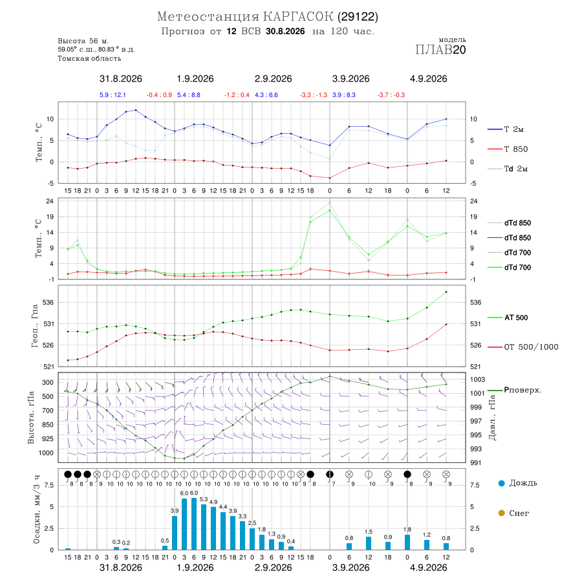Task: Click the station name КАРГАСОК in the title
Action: pos(298,17)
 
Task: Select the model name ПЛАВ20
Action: pos(440,50)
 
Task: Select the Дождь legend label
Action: pos(523,483)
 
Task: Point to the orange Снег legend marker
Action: pos(501,513)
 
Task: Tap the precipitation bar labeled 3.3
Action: pos(242,535)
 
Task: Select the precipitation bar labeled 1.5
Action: pos(369,543)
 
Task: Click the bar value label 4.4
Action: pos(223,506)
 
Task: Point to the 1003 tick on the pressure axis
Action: pos(478,380)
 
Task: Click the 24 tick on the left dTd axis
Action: pos(49,201)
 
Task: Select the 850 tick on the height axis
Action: pos(47,425)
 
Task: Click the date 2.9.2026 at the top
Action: pos(273,79)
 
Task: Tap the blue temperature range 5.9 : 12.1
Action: pos(113,95)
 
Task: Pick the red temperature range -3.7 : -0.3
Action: pos(391,95)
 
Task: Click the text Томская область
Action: pos(89,59)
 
